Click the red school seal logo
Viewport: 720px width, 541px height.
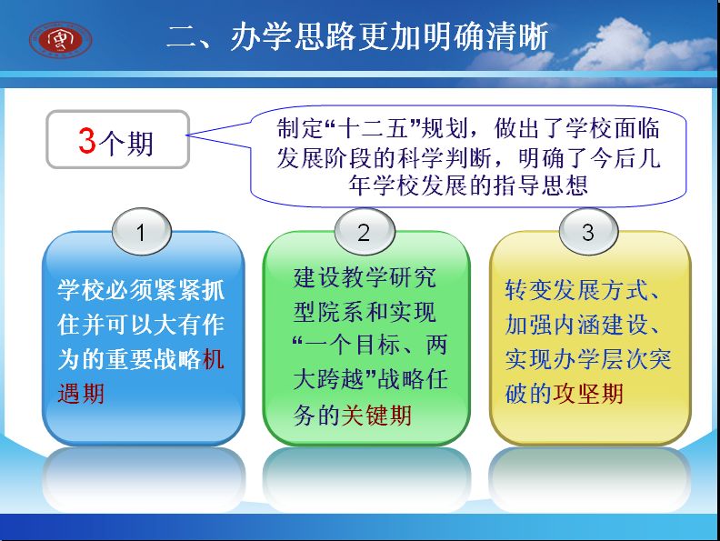click(x=60, y=40)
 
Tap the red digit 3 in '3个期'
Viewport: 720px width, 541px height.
click(x=86, y=140)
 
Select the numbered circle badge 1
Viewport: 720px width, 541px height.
click(x=142, y=232)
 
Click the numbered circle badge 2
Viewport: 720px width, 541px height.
click(x=365, y=232)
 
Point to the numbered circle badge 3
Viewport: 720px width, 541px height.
click(x=588, y=232)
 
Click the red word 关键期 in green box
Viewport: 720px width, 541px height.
click(x=376, y=415)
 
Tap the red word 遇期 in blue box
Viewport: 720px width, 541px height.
click(x=81, y=394)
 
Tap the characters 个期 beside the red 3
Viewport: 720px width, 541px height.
click(x=125, y=143)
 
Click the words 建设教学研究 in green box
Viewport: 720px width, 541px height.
click(x=365, y=277)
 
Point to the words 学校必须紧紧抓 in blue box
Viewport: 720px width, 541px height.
click(x=141, y=290)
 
